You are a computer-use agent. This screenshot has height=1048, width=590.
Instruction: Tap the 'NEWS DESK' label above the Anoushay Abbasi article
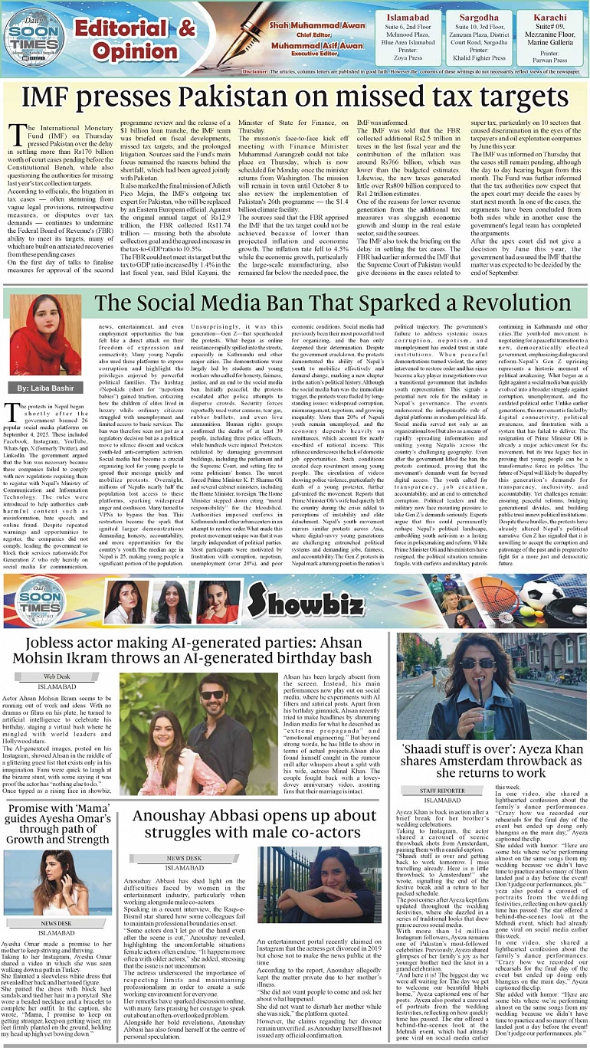point(184,858)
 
